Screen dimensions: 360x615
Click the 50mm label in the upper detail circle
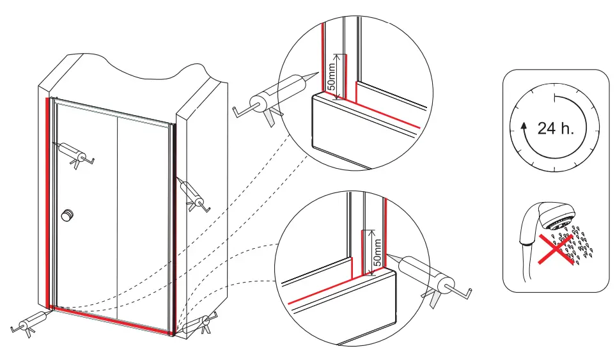click(331, 75)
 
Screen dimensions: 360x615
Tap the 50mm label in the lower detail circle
click(377, 252)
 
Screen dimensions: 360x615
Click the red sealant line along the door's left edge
click(47, 205)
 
